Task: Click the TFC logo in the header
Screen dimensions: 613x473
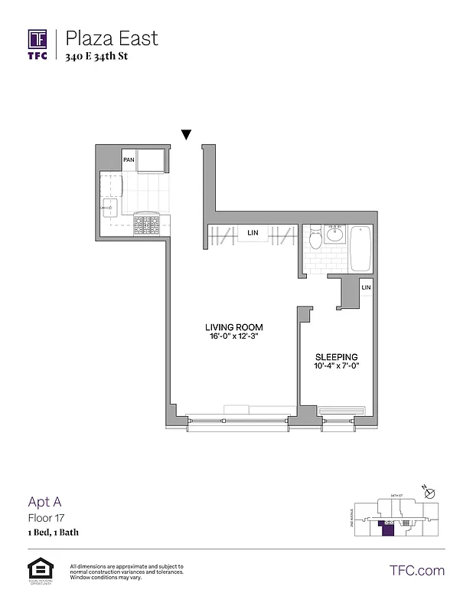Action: pos(38,42)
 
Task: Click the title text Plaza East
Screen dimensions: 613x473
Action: pos(112,37)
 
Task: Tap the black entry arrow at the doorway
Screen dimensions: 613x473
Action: pos(186,136)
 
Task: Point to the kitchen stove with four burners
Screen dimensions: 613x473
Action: pos(146,223)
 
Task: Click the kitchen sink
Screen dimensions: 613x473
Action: pos(109,206)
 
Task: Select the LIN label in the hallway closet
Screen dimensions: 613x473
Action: pos(252,233)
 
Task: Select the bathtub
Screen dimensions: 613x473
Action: pos(360,248)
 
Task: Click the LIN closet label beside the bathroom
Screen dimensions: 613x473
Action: pos(366,287)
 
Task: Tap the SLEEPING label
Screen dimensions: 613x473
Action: pos(337,357)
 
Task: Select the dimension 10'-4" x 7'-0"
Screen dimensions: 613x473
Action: pos(337,367)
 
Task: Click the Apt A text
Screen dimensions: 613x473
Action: pos(44,502)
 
